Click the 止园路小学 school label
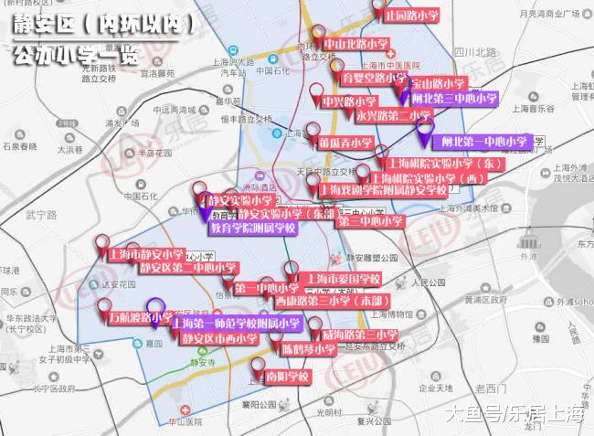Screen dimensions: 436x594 click(x=412, y=16)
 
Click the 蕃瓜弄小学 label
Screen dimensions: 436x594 click(x=345, y=144)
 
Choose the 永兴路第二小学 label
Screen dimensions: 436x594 click(x=393, y=116)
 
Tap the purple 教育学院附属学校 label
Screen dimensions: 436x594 click(x=253, y=228)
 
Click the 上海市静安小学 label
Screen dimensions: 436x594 click(x=146, y=254)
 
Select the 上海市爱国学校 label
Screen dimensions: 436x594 click(x=343, y=278)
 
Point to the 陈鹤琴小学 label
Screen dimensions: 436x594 click(x=308, y=349)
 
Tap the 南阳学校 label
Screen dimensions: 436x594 click(x=288, y=376)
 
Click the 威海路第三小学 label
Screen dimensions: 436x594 click(x=359, y=335)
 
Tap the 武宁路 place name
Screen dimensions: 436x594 click(x=42, y=215)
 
